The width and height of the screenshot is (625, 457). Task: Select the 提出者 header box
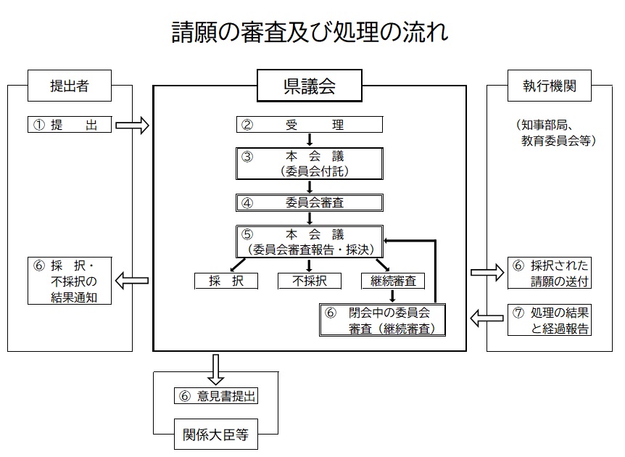click(70, 86)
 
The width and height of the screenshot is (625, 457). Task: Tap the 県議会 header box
click(310, 86)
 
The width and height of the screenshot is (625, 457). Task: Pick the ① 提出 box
click(70, 125)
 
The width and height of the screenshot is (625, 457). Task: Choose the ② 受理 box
click(310, 125)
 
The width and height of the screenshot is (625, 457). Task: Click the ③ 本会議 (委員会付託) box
click(310, 163)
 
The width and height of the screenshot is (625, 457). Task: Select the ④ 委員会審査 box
click(310, 202)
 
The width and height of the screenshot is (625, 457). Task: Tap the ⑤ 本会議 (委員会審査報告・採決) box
click(310, 241)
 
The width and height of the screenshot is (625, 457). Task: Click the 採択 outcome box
click(226, 281)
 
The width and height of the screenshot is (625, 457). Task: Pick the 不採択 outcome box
click(310, 281)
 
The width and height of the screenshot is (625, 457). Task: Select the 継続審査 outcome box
click(392, 281)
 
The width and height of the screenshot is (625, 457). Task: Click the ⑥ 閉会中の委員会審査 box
click(382, 320)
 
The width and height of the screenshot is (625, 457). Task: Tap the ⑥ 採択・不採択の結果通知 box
click(70, 280)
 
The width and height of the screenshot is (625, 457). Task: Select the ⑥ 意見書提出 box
click(216, 396)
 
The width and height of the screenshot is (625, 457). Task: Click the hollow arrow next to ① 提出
click(132, 125)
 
